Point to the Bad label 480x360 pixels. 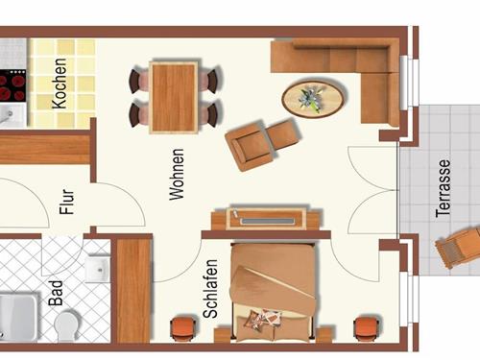tap(56, 292)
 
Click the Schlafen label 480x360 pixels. tap(211, 284)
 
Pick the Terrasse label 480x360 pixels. tap(443, 189)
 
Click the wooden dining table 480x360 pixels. tap(174, 96)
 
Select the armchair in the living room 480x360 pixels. tap(257, 143)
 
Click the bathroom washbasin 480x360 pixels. tap(98, 268)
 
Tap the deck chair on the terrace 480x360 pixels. tap(458, 248)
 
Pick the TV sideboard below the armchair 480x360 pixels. tap(272, 219)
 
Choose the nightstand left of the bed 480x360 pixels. tap(181, 328)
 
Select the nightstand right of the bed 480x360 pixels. tap(365, 327)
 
